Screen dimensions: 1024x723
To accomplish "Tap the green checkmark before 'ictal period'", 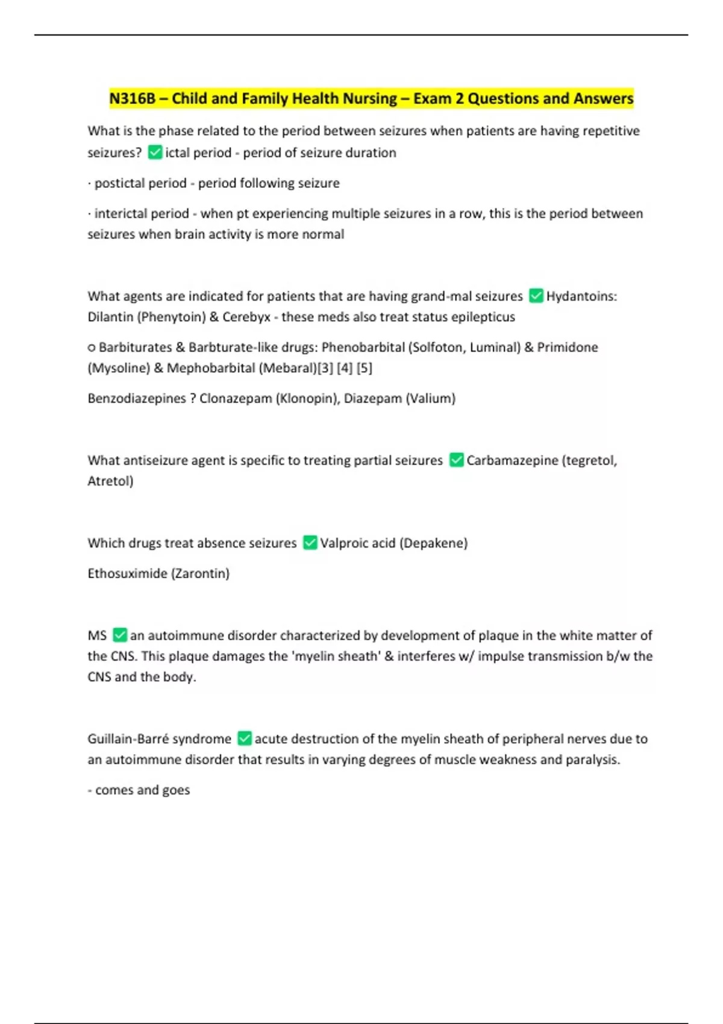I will coord(155,152).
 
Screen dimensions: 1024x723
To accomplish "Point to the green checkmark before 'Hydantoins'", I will coord(536,296).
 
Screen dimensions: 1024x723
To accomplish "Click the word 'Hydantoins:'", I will coord(581,296).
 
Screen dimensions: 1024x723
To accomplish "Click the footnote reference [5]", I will coord(364,368).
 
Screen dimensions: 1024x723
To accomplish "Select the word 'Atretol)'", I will coord(110,481).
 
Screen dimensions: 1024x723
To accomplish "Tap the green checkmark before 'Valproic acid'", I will coord(310,543).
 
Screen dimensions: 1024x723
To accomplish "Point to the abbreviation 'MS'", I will coord(97,635).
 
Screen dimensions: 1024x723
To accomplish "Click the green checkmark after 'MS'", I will coord(120,635).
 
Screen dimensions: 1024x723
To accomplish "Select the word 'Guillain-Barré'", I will coord(128,738).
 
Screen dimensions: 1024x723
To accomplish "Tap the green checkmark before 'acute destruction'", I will coord(245,738).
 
